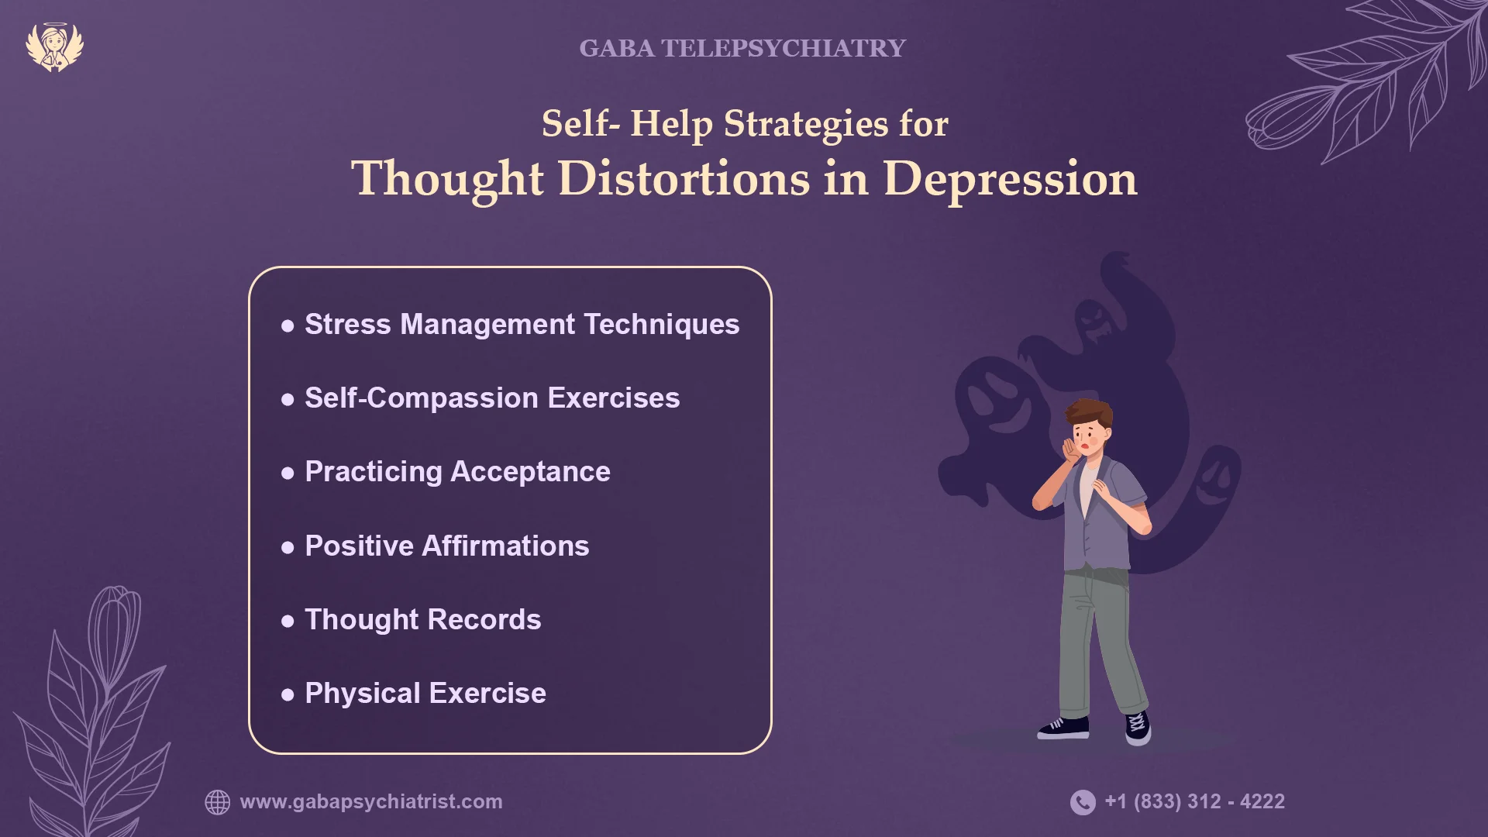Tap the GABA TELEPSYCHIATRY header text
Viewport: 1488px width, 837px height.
pos(742,48)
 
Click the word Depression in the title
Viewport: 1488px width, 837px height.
pos(1010,180)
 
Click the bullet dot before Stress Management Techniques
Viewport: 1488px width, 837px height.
pos(288,325)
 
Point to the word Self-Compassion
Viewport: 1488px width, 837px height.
pos(422,398)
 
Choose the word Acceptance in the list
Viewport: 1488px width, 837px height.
pos(531,472)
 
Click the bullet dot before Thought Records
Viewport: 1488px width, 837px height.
pos(288,621)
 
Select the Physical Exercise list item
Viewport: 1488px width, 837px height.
pos(425,694)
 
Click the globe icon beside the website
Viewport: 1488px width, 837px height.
pos(218,802)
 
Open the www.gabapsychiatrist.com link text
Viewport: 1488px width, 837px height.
pos(371,802)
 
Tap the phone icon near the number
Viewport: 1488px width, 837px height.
pos(1083,802)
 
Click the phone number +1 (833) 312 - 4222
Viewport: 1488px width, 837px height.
pos(1194,801)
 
